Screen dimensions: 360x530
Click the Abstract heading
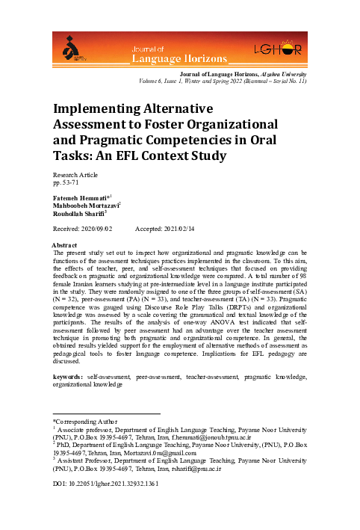coord(62,245)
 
